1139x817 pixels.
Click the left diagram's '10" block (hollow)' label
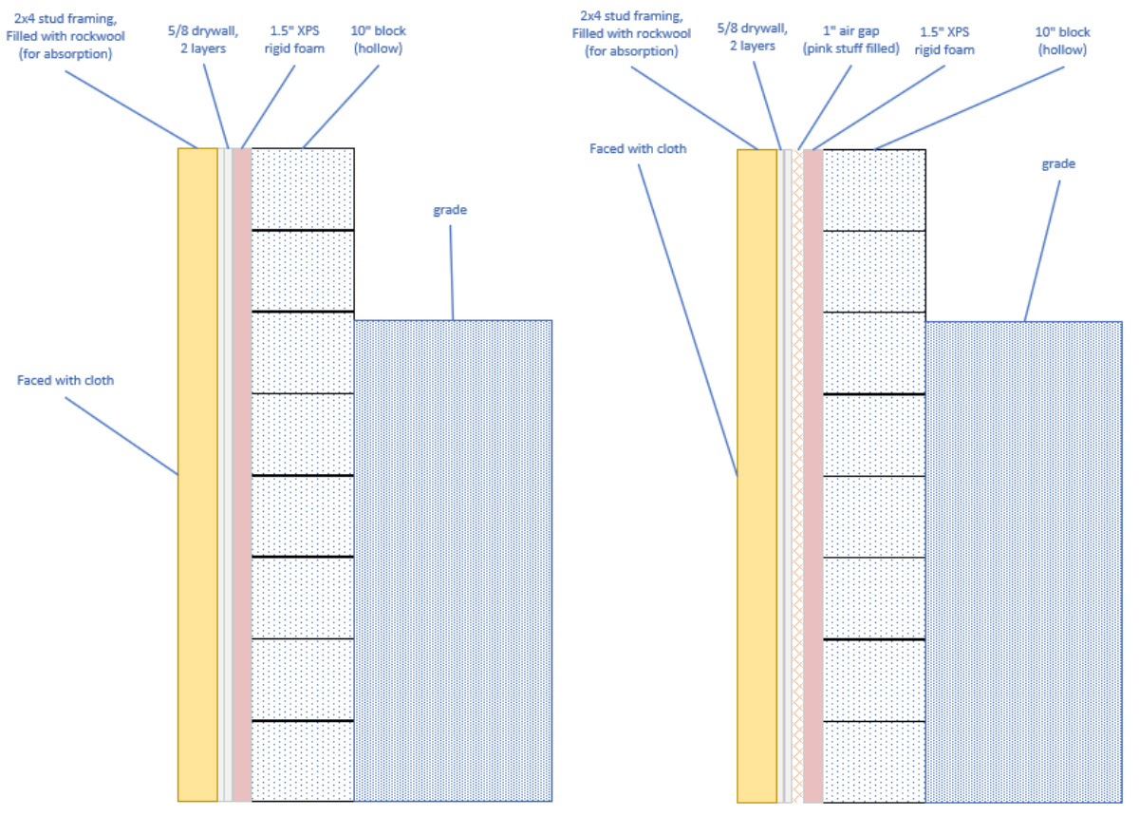(378, 39)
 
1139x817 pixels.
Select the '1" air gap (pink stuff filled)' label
(850, 40)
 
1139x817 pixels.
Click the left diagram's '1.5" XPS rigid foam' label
(298, 39)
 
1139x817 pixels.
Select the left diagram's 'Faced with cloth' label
(65, 380)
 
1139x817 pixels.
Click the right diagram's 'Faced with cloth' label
(637, 148)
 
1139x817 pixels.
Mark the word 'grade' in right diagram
(1058, 163)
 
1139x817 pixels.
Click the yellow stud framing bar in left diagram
(197, 475)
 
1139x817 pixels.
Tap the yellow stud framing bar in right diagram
(756, 475)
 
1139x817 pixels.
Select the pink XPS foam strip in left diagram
(242, 475)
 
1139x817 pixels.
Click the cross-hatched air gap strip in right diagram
(798, 475)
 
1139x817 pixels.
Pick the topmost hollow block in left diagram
(303, 188)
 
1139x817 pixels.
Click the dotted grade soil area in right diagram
(1023, 560)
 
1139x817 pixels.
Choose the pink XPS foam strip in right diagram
(813, 475)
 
